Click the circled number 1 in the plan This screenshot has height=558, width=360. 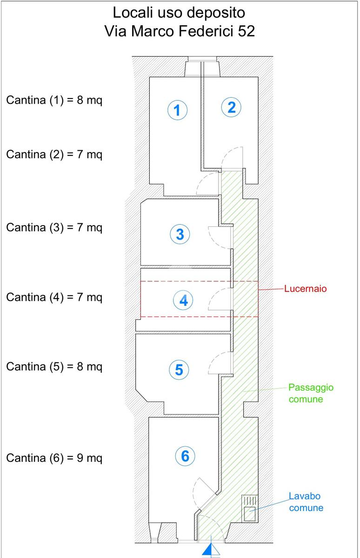[x=177, y=110]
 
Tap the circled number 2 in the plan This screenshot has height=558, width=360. [x=231, y=107]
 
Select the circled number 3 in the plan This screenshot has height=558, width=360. [x=180, y=234]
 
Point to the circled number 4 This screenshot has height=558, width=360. [x=183, y=300]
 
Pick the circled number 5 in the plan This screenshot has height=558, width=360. [x=179, y=370]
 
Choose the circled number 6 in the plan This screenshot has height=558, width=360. [x=185, y=456]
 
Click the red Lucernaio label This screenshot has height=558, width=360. [x=305, y=288]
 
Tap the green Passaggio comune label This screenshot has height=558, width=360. [x=311, y=393]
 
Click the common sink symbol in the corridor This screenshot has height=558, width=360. [x=250, y=508]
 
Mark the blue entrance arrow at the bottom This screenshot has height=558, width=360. [x=211, y=550]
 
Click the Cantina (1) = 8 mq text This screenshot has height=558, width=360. [x=54, y=100]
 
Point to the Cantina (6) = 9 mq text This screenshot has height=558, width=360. [x=54, y=458]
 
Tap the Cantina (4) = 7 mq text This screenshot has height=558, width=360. [x=54, y=297]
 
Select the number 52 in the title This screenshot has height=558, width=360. [x=246, y=31]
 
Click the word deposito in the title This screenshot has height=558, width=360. [x=216, y=13]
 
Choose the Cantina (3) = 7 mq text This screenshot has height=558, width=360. [x=54, y=227]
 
